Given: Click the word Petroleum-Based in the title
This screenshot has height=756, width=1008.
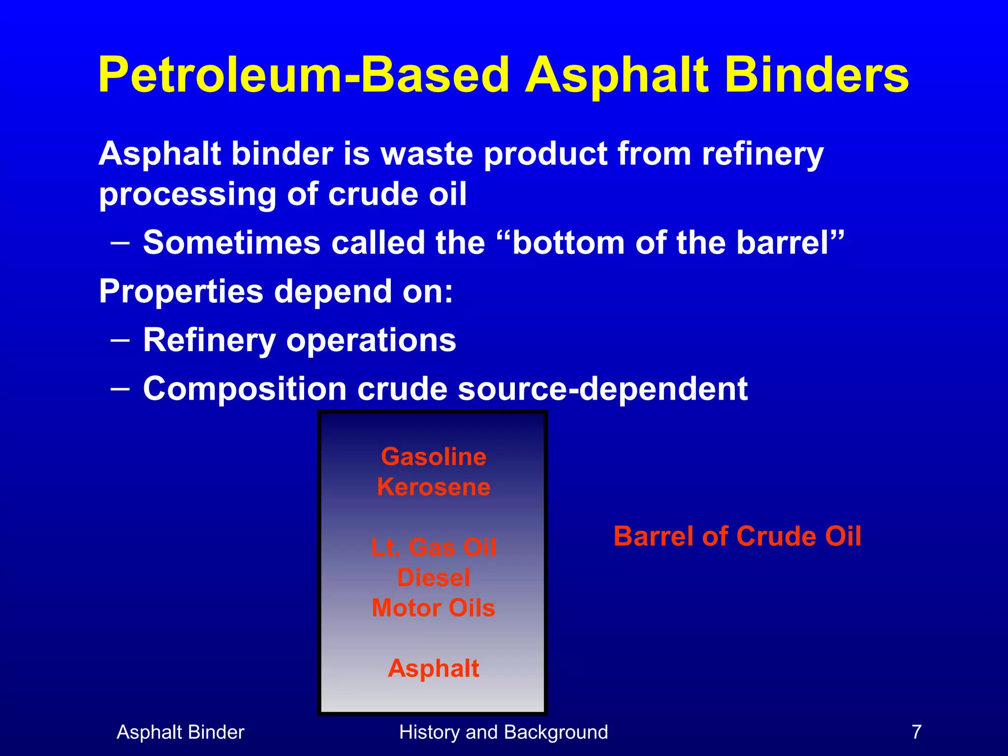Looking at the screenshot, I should click(303, 75).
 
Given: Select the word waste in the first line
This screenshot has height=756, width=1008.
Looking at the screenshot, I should click(427, 154).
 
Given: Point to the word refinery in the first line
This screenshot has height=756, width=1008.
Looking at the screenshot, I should click(762, 155).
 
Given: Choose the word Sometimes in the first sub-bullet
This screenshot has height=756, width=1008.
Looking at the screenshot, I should click(232, 243).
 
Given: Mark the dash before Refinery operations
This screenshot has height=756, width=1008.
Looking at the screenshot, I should click(121, 340).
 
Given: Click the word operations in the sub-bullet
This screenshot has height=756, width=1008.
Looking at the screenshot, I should click(371, 341).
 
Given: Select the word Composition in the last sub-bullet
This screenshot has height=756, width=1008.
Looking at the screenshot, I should click(245, 389).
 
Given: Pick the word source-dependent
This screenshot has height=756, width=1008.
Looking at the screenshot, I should click(602, 389).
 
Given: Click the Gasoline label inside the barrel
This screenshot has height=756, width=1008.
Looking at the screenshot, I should click(434, 457).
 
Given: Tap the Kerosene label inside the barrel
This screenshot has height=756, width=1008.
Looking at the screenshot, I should click(434, 487).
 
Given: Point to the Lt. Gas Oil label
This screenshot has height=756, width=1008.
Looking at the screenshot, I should click(434, 547).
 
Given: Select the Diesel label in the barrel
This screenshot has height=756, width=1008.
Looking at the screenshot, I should click(434, 578).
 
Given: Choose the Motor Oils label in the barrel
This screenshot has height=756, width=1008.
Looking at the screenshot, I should click(434, 608).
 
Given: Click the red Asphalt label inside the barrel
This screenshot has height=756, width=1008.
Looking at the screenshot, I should click(434, 668).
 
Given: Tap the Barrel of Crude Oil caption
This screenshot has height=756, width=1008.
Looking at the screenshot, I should click(737, 536).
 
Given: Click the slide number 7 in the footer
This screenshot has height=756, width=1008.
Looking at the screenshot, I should click(916, 732).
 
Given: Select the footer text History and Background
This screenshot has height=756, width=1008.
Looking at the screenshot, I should click(504, 732).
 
